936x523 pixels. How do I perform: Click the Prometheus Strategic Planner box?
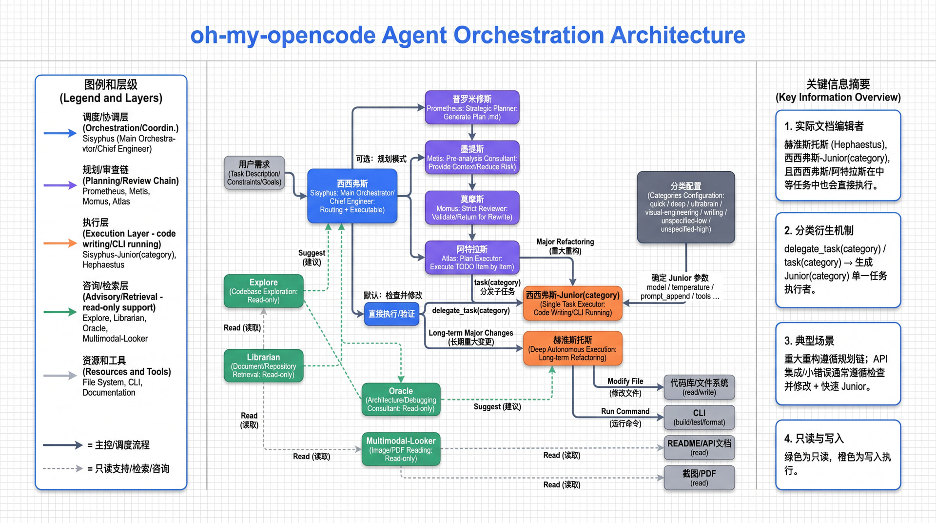tap(472, 107)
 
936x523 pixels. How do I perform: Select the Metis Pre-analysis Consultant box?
tap(472, 158)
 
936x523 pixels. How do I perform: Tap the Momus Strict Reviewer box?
tap(472, 207)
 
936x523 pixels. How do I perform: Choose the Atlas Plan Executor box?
tap(472, 258)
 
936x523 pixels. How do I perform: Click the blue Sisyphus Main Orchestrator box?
tap(352, 196)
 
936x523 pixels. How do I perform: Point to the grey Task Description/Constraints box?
tap(254, 173)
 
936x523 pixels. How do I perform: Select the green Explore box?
tap(263, 291)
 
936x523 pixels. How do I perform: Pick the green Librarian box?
tap(263, 366)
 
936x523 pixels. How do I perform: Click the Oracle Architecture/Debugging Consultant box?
tap(401, 400)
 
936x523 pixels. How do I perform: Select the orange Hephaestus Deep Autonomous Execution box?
tap(572, 348)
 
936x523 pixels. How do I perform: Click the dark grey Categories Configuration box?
tap(686, 207)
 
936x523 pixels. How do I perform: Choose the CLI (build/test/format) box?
tap(699, 417)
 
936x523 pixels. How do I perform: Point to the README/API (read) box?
tap(699, 447)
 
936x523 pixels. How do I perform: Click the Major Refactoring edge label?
tap(565, 246)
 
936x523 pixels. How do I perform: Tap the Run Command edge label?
tap(625, 417)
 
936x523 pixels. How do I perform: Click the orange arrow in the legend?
tap(60, 243)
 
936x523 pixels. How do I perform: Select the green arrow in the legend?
tap(60, 312)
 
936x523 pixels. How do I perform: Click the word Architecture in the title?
tap(678, 35)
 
